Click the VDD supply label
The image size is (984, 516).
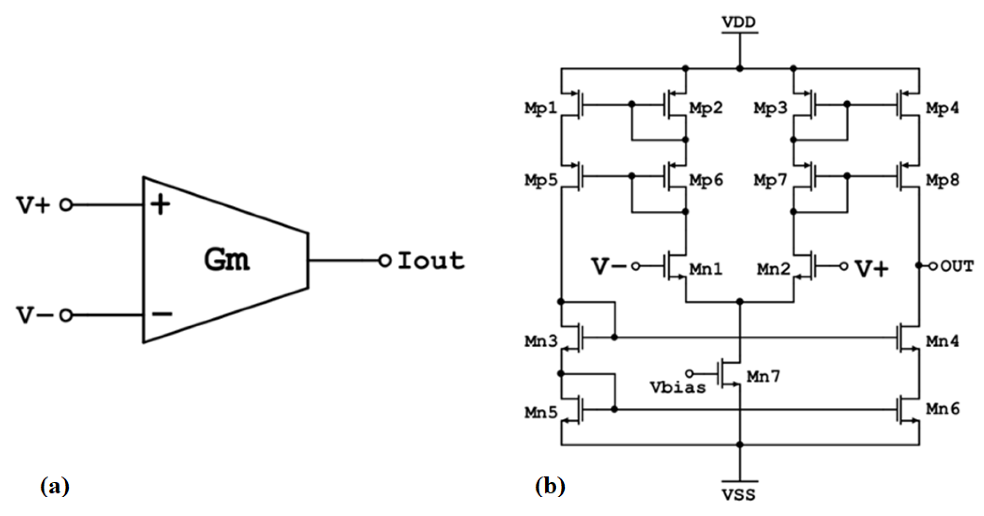pyautogui.click(x=739, y=22)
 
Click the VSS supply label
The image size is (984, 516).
pyautogui.click(x=739, y=495)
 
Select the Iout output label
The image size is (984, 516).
pyautogui.click(x=431, y=261)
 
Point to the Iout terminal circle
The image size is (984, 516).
pyautogui.click(x=385, y=261)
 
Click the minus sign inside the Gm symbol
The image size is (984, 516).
pyautogui.click(x=162, y=314)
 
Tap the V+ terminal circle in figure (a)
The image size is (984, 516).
pyautogui.click(x=66, y=205)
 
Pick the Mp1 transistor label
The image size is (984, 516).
pyautogui.click(x=541, y=109)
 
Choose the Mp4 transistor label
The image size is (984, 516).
pyautogui.click(x=942, y=109)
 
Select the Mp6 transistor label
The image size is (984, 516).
pyautogui.click(x=706, y=180)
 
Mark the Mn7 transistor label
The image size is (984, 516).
pyautogui.click(x=763, y=377)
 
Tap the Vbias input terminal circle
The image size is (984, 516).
pyautogui.click(x=690, y=373)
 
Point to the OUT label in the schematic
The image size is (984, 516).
pyautogui.click(x=957, y=266)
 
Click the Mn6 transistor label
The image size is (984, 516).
pyautogui.click(x=942, y=409)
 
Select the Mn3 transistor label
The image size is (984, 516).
pyautogui.click(x=541, y=342)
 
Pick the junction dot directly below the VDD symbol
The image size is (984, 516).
pyautogui.click(x=739, y=69)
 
